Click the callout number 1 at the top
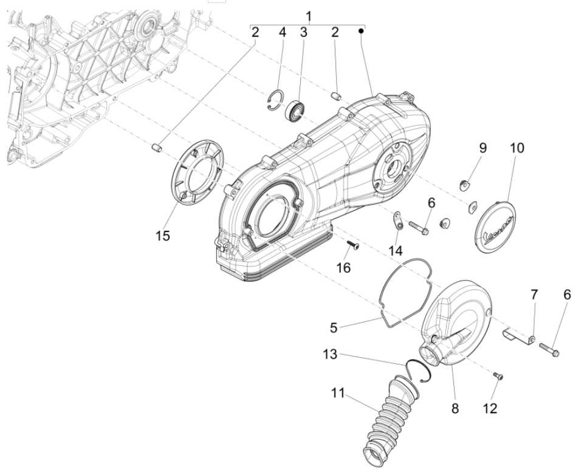(x=308, y=13)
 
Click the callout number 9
(x=482, y=148)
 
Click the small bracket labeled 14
(x=397, y=220)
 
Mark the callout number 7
(x=534, y=295)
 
